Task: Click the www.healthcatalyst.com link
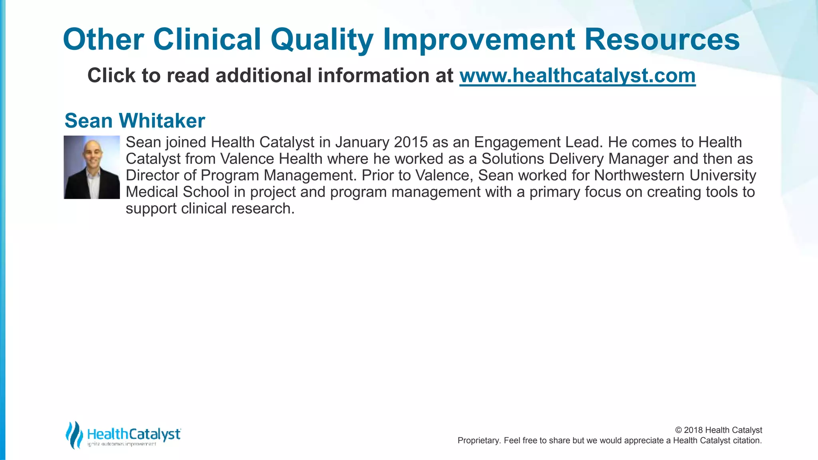coord(577,76)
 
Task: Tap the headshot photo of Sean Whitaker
coord(92,167)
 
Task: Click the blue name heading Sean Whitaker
coord(135,121)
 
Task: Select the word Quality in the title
coord(322,40)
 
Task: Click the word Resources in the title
coord(662,40)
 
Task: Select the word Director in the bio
coord(152,175)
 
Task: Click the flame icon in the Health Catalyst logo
coord(74,434)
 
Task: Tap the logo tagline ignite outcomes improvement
coord(122,444)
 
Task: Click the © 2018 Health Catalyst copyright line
coord(719,430)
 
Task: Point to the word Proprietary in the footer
coord(478,440)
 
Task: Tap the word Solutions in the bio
coord(512,159)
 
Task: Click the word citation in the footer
coord(747,440)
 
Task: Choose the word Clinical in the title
coord(207,40)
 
